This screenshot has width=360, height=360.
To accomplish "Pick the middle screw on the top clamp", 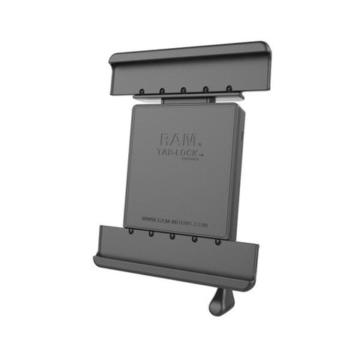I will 184,91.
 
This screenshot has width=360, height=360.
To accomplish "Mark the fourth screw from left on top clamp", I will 205,89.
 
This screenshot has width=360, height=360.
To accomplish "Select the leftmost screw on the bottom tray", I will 131,232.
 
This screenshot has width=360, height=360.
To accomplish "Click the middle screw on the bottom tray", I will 173,236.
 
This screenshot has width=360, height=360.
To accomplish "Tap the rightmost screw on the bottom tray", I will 218,241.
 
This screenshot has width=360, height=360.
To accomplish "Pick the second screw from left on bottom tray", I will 151,234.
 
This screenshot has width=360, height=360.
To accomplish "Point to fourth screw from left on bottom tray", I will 196,238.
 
